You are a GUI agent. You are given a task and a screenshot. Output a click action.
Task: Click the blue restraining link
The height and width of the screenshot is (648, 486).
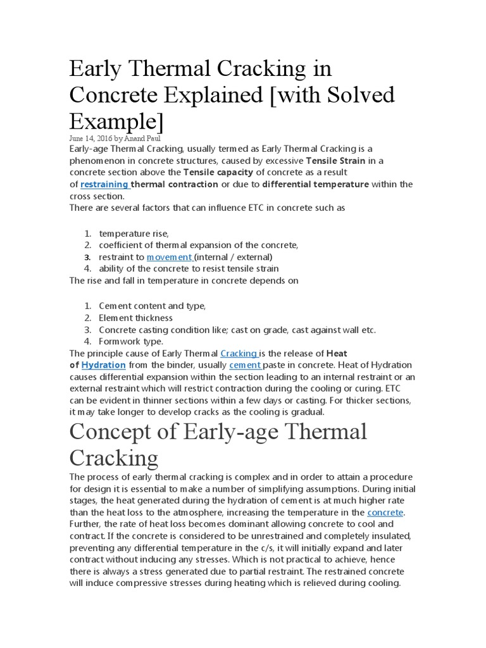click(104, 184)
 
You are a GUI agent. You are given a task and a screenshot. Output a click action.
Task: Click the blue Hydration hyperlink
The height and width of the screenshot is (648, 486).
click(103, 365)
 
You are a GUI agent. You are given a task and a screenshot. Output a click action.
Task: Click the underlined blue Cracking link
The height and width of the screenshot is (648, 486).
click(238, 353)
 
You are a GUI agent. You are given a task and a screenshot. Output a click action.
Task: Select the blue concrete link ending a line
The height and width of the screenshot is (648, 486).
click(385, 512)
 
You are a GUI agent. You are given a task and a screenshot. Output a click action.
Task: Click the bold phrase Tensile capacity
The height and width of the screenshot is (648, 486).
click(214, 172)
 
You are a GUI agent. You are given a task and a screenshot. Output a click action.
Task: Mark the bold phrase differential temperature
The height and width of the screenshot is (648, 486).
click(315, 184)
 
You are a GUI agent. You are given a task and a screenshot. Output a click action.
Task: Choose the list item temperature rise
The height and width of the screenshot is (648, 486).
click(134, 234)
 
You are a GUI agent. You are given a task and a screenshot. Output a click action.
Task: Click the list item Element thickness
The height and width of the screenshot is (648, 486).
click(135, 318)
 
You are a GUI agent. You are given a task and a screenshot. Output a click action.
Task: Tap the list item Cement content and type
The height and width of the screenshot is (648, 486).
click(152, 306)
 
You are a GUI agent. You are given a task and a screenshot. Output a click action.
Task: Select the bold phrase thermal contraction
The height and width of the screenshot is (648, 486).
click(175, 184)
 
